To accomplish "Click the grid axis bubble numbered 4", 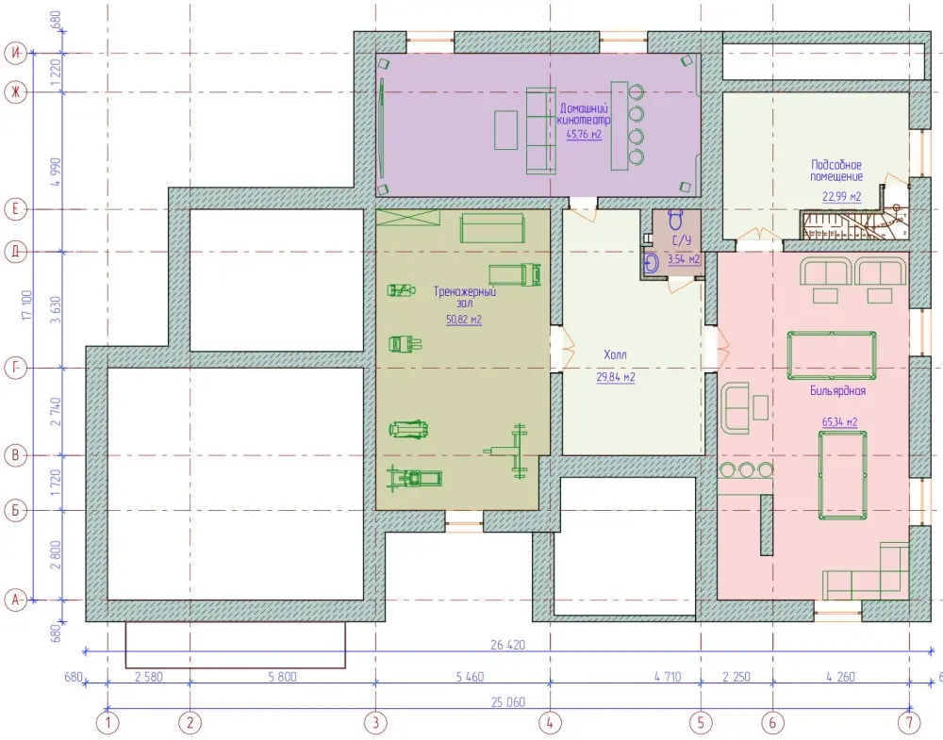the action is pyautogui.click(x=550, y=722).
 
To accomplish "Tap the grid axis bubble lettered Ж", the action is pyautogui.click(x=16, y=92).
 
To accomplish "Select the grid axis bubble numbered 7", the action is pyautogui.click(x=909, y=722).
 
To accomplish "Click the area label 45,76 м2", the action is pyautogui.click(x=584, y=135).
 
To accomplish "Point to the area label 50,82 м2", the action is pyautogui.click(x=464, y=320).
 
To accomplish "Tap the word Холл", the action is pyautogui.click(x=615, y=354).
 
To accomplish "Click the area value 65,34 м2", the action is pyautogui.click(x=839, y=422).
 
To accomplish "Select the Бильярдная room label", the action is pyautogui.click(x=837, y=391).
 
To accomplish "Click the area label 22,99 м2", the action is pyautogui.click(x=841, y=197).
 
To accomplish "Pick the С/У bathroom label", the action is pyautogui.click(x=682, y=240).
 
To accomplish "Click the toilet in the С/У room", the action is pyautogui.click(x=675, y=220).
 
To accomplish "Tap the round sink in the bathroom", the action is pyautogui.click(x=652, y=263).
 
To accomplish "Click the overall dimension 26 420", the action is pyautogui.click(x=507, y=645).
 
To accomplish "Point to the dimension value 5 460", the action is pyautogui.click(x=470, y=677).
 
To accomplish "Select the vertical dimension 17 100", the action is pyautogui.click(x=27, y=304).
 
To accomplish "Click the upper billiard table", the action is pyautogui.click(x=831, y=355).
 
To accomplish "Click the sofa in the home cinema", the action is pyautogui.click(x=540, y=131).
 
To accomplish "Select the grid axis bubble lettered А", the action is pyautogui.click(x=16, y=600).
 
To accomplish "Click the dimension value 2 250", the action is pyautogui.click(x=736, y=677).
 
